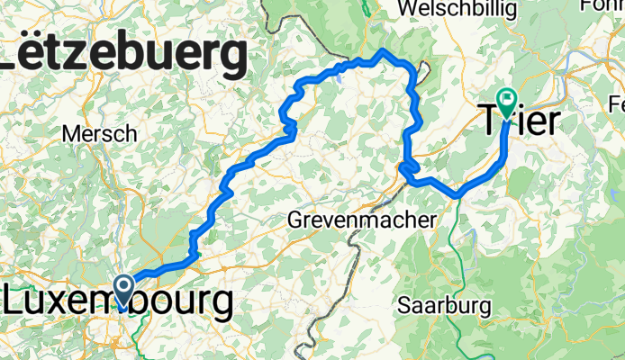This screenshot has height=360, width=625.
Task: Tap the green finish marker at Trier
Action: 507,102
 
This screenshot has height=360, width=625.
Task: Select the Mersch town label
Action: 99,134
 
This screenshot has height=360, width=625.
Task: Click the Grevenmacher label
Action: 360,219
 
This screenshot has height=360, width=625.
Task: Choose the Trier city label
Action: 522,121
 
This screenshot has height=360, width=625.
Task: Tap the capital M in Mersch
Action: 70,134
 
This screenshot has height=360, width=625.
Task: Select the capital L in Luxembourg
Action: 15,301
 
